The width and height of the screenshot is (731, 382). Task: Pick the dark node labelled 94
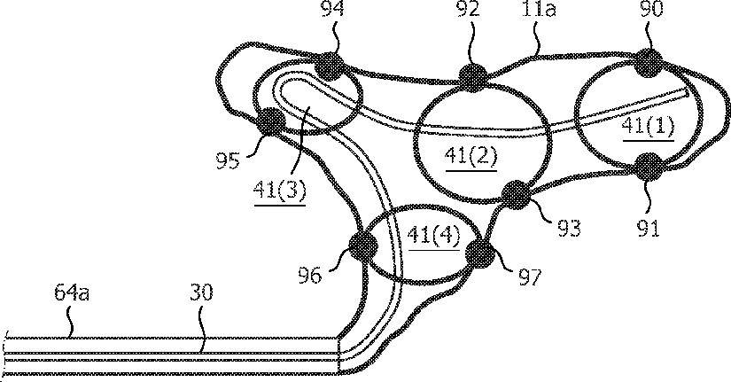pyautogui.click(x=331, y=65)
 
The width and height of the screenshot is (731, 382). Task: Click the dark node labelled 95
pyautogui.click(x=270, y=121)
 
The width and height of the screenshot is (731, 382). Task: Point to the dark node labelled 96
pyautogui.click(x=363, y=247)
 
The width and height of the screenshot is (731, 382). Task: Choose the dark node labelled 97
pyautogui.click(x=479, y=254)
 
